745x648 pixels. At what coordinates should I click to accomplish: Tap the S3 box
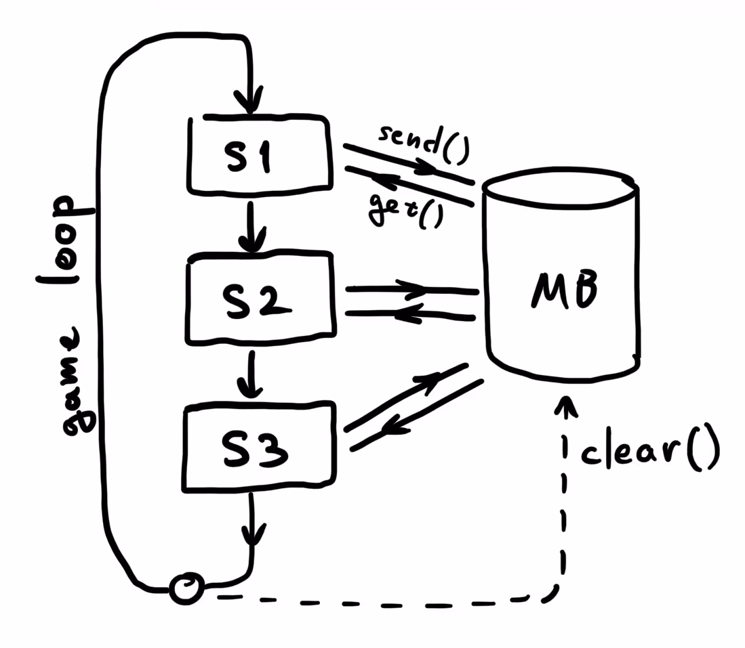260,446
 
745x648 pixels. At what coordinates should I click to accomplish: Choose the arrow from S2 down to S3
251,376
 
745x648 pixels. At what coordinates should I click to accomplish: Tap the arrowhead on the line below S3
252,535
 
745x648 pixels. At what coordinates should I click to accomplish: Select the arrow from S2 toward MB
411,290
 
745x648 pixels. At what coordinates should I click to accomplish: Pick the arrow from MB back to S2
411,314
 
